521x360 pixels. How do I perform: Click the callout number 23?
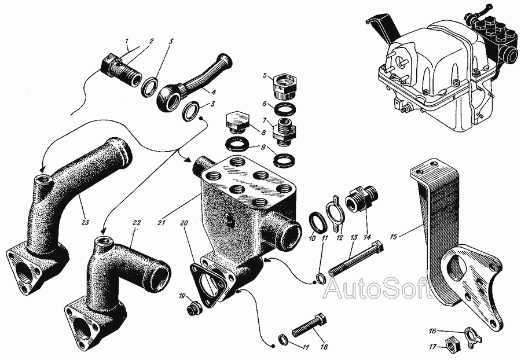86,222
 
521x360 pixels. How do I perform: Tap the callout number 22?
137,222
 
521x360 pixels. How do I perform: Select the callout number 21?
162,223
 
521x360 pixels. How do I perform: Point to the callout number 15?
394,237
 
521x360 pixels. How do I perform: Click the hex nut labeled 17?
453,347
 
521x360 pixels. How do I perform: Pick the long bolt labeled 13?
357,259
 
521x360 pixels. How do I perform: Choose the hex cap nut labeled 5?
284,86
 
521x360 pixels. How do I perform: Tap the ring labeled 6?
284,109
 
